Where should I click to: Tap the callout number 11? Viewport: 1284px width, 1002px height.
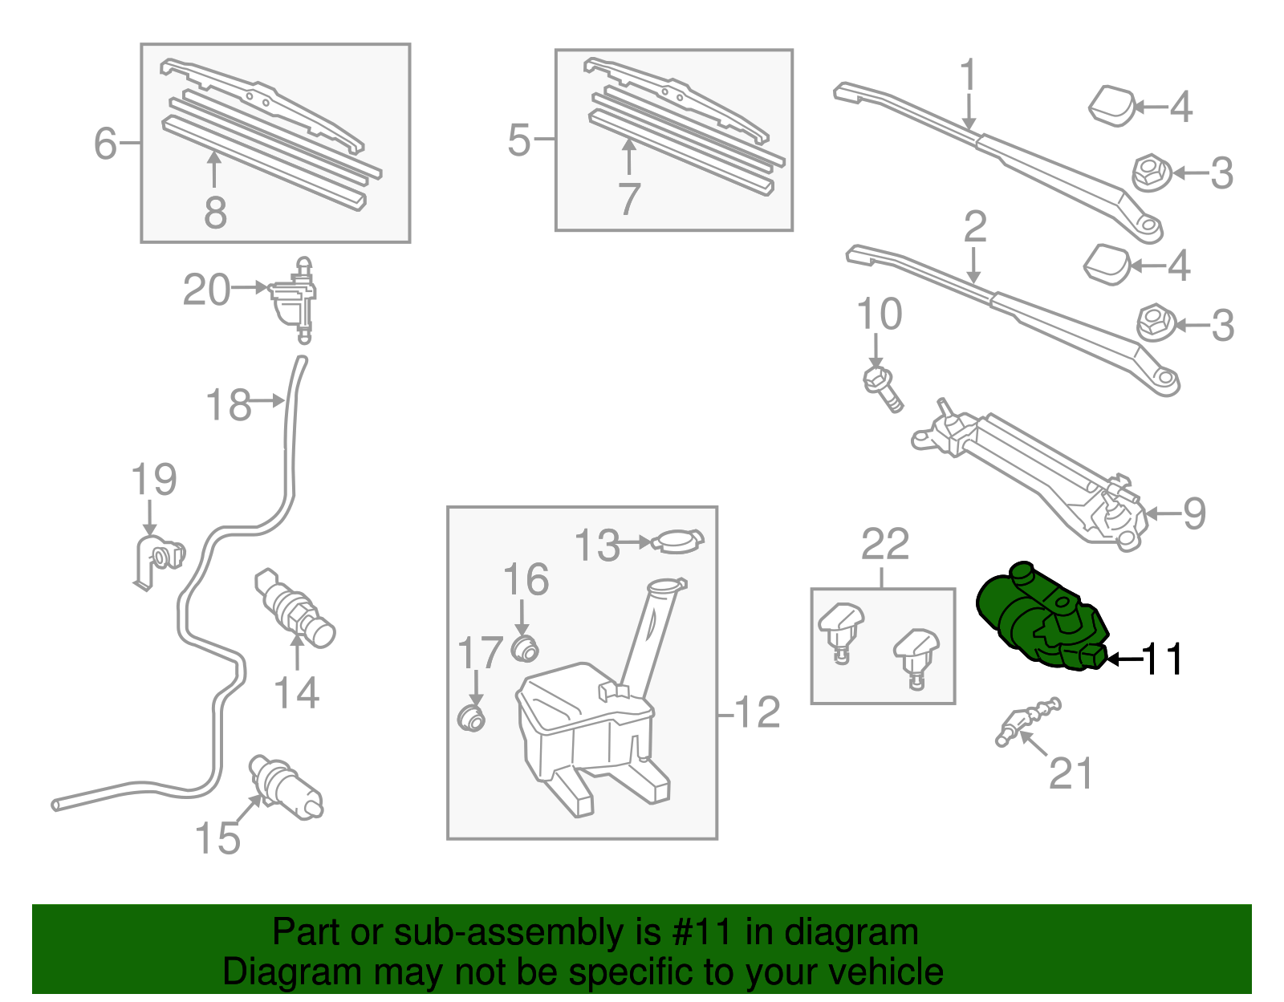1160,659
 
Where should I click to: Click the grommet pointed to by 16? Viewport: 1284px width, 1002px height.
525,648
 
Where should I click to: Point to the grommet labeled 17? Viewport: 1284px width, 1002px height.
471,717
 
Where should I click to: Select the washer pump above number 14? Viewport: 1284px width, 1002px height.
294,606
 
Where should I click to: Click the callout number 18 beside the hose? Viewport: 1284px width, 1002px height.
229,405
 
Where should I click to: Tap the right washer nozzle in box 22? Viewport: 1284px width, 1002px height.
916,653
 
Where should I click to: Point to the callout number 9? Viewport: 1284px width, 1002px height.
1194,513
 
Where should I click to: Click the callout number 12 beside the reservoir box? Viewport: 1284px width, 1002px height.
757,712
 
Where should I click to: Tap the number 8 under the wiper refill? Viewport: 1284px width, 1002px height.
215,213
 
